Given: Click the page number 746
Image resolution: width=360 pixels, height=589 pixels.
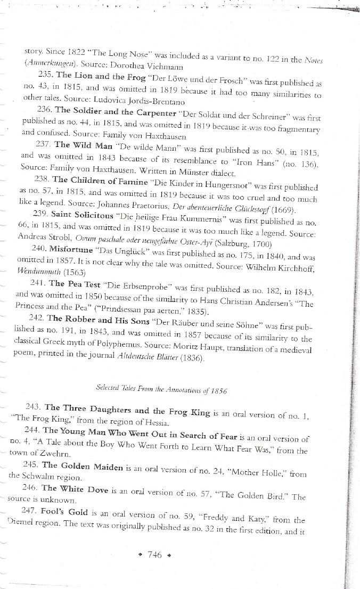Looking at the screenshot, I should point(154,554).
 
